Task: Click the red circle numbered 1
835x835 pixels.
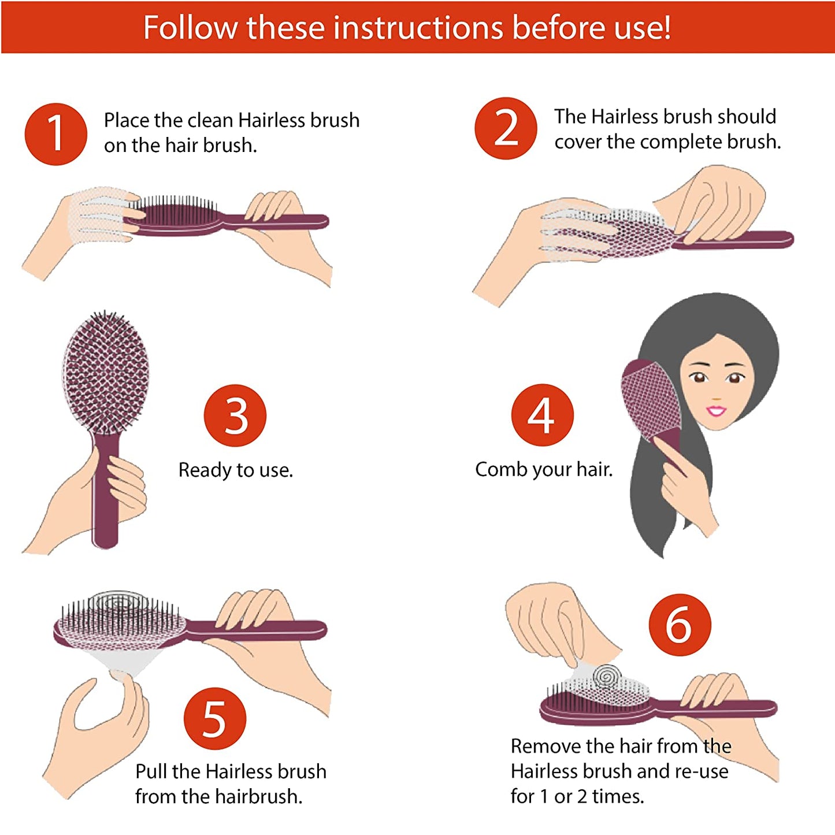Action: [x=55, y=133]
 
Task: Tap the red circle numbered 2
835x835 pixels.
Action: [x=506, y=128]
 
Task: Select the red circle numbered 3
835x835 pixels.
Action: [x=235, y=415]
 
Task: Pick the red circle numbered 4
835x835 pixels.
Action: [x=542, y=414]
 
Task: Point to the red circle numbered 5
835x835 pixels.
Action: [x=214, y=718]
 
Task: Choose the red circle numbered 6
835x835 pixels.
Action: [x=679, y=625]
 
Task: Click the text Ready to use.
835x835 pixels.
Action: [x=235, y=470]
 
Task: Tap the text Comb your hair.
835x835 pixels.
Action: [x=543, y=469]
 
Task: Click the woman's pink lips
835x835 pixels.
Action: [x=716, y=411]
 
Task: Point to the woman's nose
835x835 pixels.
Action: [x=717, y=397]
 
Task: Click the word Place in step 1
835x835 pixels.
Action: [x=127, y=120]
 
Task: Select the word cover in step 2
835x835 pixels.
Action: [x=578, y=142]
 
